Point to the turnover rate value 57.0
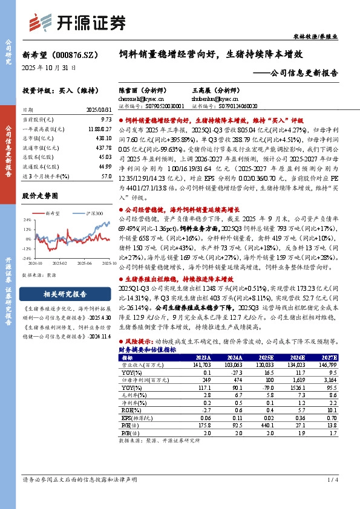point(106,175)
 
